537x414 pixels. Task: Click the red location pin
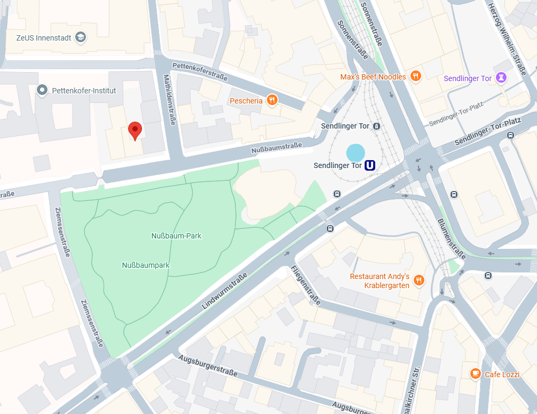(136, 130)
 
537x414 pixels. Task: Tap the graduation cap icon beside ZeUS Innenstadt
(80, 37)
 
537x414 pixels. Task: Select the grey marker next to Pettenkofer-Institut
(42, 90)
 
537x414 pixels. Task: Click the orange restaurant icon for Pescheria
(272, 100)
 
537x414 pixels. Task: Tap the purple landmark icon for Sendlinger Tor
(501, 78)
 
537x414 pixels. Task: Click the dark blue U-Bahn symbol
(370, 166)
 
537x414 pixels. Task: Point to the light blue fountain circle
(356, 153)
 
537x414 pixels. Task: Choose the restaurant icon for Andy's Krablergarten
(419, 281)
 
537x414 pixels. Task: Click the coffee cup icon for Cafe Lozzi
(475, 374)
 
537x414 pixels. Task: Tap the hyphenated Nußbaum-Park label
(176, 235)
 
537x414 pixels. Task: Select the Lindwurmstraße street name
(225, 291)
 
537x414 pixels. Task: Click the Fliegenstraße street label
(305, 285)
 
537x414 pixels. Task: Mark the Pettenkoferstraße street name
(200, 71)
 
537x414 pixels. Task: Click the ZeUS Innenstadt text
(44, 37)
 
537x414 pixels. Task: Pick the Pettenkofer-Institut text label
(84, 91)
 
